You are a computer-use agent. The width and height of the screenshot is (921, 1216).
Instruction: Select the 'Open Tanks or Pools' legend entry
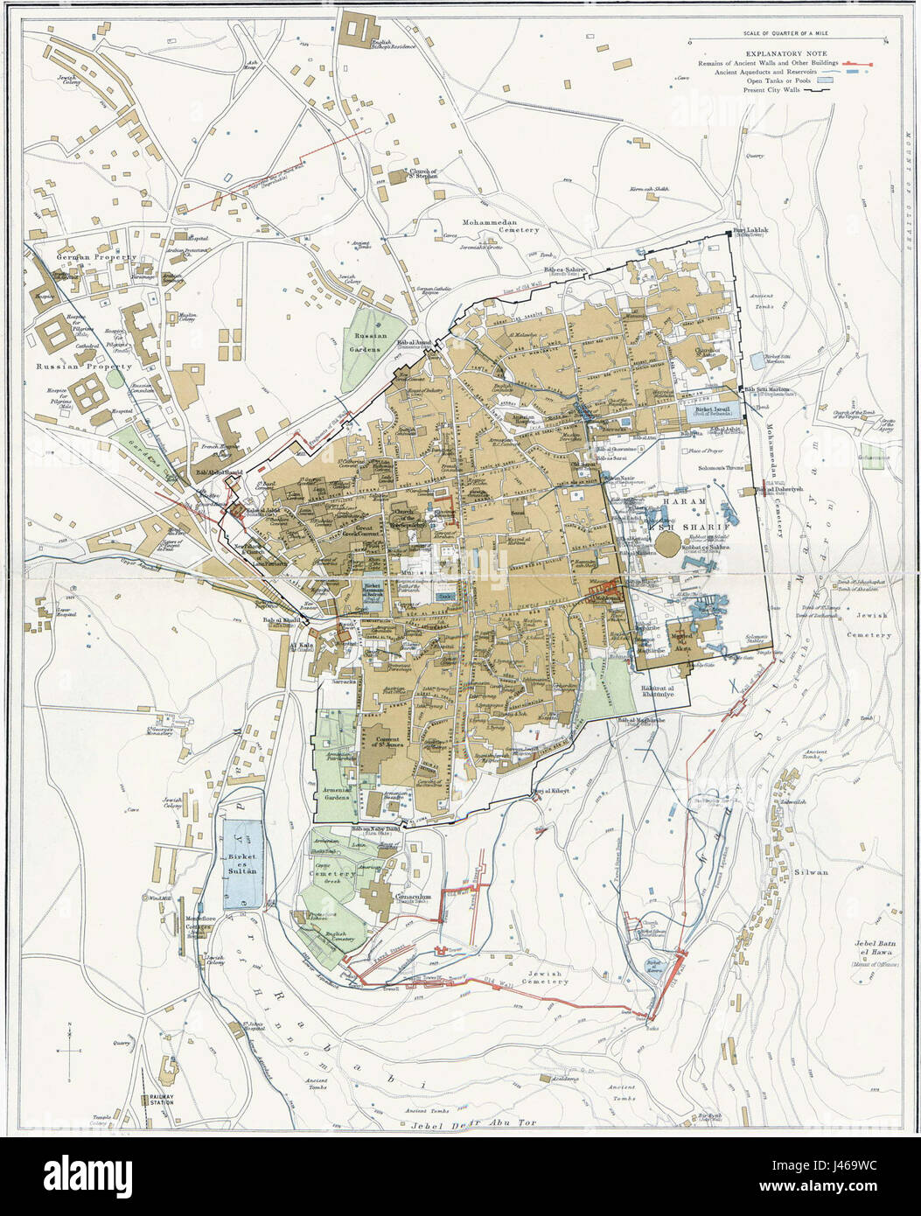[x=780, y=80]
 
